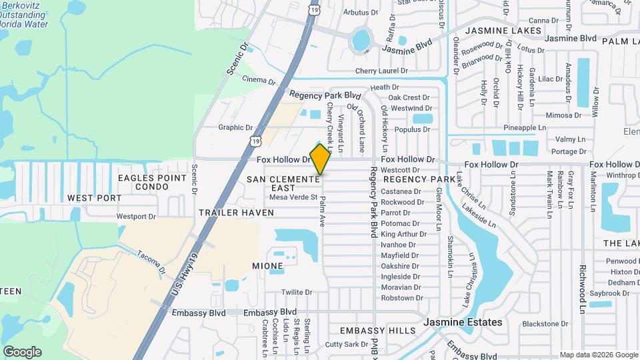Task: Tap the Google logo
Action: point(22,352)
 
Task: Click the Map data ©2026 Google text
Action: point(598,355)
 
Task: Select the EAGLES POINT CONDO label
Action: point(153,182)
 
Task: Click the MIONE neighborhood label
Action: point(267,266)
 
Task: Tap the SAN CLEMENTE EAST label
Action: point(283,183)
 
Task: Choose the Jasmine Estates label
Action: point(463,323)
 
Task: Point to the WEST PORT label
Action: point(95,198)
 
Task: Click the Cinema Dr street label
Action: point(259,80)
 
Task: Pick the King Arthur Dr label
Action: point(399,234)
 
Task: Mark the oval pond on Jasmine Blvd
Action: point(361,41)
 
